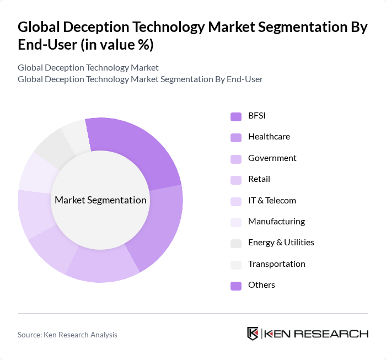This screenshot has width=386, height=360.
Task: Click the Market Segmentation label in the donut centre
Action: [100, 200]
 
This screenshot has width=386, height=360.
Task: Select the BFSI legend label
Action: [257, 115]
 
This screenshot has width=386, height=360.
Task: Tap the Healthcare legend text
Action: [269, 137]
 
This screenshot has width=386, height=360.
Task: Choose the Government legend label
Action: [272, 158]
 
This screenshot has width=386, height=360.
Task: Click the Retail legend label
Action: [259, 179]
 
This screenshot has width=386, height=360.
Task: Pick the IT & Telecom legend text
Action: [272, 201]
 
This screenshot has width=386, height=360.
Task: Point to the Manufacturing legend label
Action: [276, 222]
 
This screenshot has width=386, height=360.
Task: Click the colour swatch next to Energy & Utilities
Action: [236, 243]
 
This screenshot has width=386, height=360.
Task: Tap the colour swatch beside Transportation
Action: [236, 265]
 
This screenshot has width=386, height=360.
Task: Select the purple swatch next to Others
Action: [236, 286]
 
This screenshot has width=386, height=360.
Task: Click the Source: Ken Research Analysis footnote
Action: [67, 335]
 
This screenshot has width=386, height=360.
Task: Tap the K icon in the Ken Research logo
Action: [253, 334]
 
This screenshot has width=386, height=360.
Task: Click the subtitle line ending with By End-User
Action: [140, 79]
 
